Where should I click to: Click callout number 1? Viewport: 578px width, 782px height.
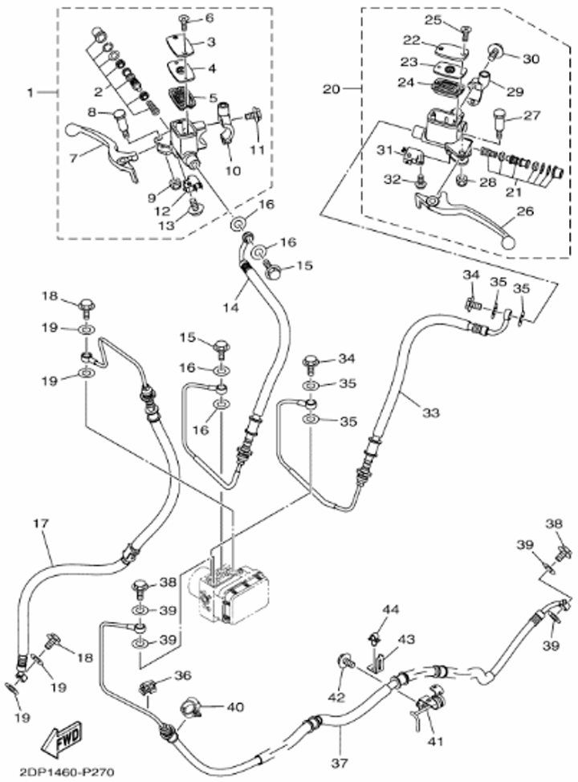pyautogui.click(x=31, y=93)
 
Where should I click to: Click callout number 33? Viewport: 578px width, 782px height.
pyautogui.click(x=430, y=413)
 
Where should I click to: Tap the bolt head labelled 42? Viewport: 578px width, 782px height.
pyautogui.click(x=347, y=660)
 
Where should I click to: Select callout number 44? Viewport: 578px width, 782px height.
pyautogui.click(x=389, y=610)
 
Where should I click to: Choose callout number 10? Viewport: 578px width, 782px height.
pyautogui.click(x=232, y=170)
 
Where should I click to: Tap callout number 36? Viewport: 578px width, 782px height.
pyautogui.click(x=182, y=675)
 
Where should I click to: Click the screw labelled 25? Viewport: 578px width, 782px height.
pyautogui.click(x=463, y=31)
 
